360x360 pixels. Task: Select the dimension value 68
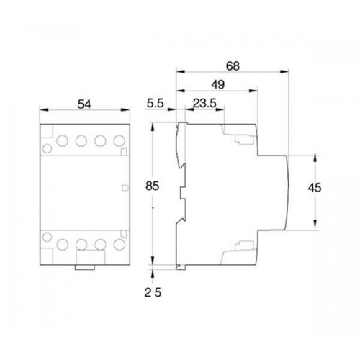[232, 66]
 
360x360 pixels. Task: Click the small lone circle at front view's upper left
[48, 149]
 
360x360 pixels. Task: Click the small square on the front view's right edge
[127, 189]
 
